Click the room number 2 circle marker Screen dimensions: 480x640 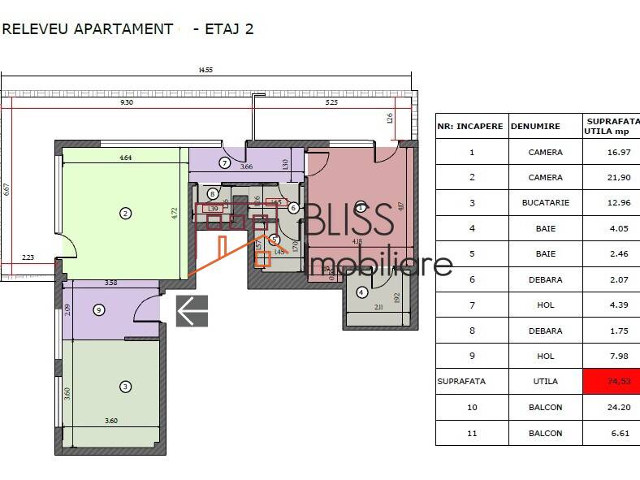[125, 214]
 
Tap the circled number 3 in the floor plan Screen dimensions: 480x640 [125, 387]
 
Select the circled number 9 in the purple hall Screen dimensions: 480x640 [99, 309]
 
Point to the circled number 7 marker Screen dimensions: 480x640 [224, 163]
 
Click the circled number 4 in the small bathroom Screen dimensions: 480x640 [361, 293]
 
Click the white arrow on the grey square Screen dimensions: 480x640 [192, 311]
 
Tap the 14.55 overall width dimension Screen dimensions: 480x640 [205, 71]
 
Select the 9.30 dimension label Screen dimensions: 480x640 [127, 103]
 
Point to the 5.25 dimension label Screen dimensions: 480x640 [331, 103]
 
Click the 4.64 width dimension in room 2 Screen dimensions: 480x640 [126, 158]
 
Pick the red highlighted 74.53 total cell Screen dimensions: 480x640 [611, 381]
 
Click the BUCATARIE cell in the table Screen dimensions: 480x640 [545, 203]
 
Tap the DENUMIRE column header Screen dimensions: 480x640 [536, 127]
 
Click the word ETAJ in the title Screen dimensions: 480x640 [221, 28]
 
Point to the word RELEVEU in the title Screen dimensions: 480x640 [36, 28]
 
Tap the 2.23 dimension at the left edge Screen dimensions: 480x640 [28, 257]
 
